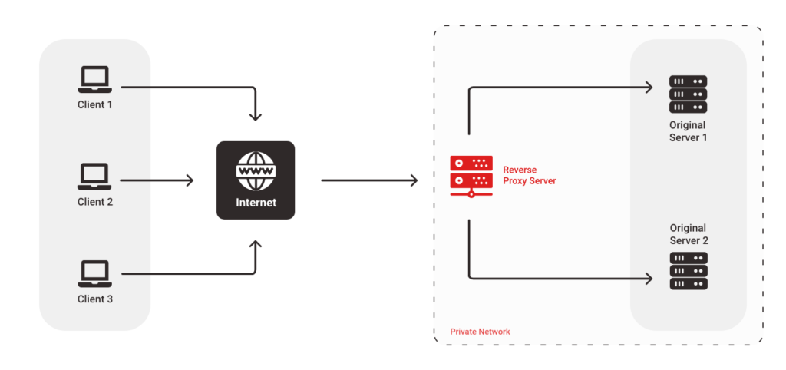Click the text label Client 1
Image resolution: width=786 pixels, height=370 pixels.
95,104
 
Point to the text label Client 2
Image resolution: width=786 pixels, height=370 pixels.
95,202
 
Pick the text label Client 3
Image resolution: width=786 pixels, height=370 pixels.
95,299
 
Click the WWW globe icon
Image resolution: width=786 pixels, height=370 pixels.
256,170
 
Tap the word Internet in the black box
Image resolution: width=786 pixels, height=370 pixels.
256,203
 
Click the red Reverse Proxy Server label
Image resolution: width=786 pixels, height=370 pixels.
529,175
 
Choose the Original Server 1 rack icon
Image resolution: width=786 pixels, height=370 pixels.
688,94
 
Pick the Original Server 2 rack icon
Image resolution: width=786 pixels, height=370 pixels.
688,270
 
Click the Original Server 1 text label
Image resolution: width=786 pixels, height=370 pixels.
688,131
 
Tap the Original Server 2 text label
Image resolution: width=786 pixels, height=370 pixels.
688,234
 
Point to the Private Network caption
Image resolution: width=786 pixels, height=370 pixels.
480,332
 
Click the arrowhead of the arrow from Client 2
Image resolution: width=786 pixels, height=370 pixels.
190,181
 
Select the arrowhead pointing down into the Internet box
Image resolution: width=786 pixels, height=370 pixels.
256,117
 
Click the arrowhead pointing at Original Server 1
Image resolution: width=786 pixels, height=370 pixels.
649,87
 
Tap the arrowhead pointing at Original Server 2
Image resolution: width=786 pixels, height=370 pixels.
649,278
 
